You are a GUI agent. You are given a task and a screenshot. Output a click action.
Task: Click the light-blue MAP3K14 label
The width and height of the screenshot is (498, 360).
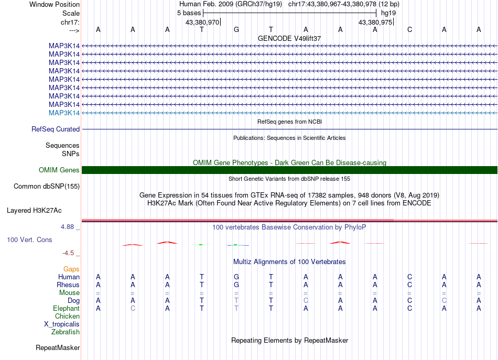(x=64, y=113)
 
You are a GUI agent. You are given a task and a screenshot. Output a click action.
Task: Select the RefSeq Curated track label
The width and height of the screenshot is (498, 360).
(x=56, y=129)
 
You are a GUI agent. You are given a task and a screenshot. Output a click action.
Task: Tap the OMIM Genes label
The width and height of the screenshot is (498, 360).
(x=59, y=170)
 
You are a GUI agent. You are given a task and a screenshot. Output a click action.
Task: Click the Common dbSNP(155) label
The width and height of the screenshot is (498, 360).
(x=47, y=186)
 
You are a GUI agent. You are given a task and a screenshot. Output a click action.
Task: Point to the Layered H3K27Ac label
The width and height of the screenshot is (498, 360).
(x=34, y=210)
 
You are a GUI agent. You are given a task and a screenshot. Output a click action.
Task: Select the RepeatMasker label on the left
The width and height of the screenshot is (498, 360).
(x=58, y=347)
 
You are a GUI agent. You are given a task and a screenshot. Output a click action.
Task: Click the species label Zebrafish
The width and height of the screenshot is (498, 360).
(x=66, y=332)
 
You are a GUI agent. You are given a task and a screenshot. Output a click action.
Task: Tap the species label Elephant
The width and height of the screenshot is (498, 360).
(x=66, y=308)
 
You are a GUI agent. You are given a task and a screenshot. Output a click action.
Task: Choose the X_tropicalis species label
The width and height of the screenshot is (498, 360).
(x=62, y=324)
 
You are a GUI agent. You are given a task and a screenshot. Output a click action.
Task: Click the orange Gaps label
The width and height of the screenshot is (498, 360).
(x=71, y=269)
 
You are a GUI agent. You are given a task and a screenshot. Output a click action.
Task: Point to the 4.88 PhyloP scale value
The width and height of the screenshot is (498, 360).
(x=68, y=227)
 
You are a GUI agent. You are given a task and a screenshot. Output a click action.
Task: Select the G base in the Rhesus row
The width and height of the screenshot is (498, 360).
(x=236, y=285)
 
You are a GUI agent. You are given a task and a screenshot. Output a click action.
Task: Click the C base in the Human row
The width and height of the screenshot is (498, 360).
(x=409, y=277)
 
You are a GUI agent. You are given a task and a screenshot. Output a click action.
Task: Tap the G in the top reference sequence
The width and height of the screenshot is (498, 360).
(x=236, y=29)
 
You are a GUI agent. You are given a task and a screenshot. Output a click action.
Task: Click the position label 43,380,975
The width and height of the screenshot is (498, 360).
(x=375, y=22)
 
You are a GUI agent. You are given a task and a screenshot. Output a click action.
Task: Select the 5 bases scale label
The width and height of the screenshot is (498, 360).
(x=189, y=12)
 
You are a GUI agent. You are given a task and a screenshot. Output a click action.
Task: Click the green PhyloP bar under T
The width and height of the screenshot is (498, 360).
(x=201, y=244)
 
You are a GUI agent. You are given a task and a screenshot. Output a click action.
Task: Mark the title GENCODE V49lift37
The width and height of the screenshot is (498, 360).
(x=289, y=38)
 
